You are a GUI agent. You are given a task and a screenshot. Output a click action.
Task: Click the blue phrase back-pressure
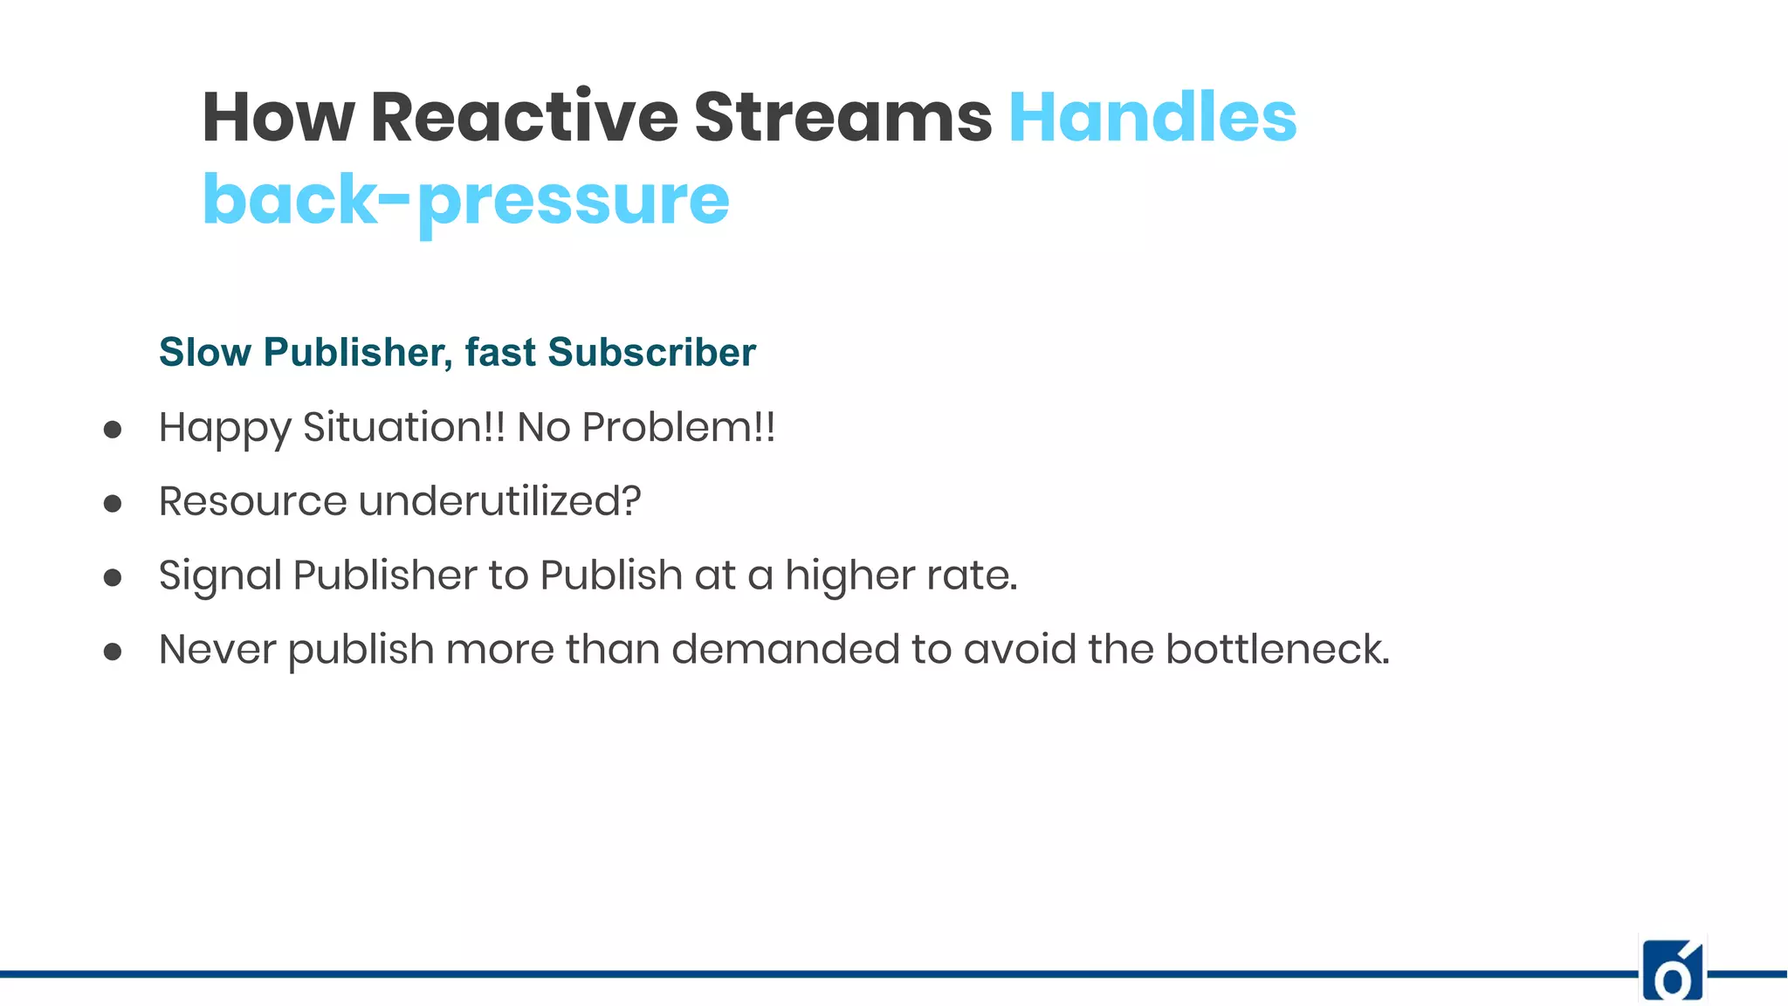coord(465,200)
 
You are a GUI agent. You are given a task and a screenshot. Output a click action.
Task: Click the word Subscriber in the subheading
coord(651,353)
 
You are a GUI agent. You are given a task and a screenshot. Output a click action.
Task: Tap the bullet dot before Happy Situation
coord(113,430)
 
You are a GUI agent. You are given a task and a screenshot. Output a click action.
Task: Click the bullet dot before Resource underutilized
coord(113,504)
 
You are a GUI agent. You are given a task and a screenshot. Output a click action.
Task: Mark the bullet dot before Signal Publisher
coord(113,577)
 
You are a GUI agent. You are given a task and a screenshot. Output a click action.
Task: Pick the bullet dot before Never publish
coord(113,651)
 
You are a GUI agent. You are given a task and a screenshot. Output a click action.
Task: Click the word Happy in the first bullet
coord(224,429)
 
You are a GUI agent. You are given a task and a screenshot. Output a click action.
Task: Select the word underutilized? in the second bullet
coord(499,502)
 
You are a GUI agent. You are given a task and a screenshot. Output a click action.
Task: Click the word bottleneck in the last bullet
coord(1277,651)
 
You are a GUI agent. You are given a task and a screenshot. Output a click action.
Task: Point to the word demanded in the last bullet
coord(785,651)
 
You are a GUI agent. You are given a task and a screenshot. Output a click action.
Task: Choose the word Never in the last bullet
coord(217,651)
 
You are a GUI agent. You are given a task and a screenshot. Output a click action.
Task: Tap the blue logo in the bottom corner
coord(1673,971)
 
